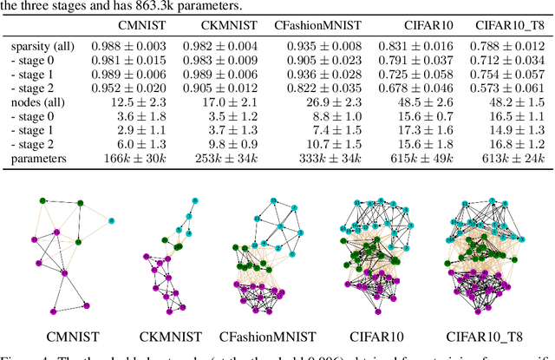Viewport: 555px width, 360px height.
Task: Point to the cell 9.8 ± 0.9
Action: tap(229, 146)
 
